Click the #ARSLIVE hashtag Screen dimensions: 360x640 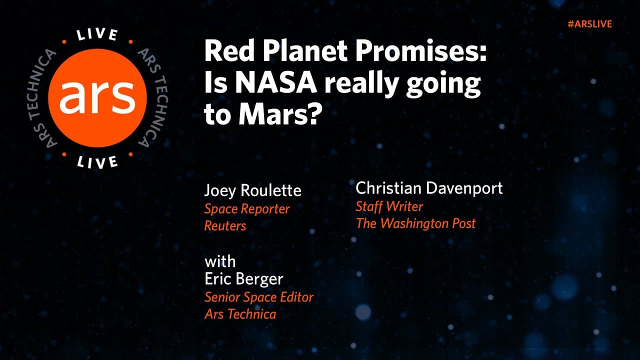point(589,24)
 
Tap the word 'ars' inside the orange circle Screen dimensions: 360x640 point(97,96)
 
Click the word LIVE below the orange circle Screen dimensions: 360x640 point(98,161)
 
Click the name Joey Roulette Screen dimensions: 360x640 point(252,190)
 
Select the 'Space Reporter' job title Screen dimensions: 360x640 point(247,209)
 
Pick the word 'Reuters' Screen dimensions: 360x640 point(225,225)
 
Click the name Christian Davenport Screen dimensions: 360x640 point(429,188)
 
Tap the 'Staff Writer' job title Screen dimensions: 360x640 point(389,206)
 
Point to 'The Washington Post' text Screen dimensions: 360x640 point(415,223)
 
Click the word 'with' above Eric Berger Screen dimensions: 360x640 point(219,261)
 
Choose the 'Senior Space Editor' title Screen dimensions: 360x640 point(259,297)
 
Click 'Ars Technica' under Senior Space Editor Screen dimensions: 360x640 point(240,314)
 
